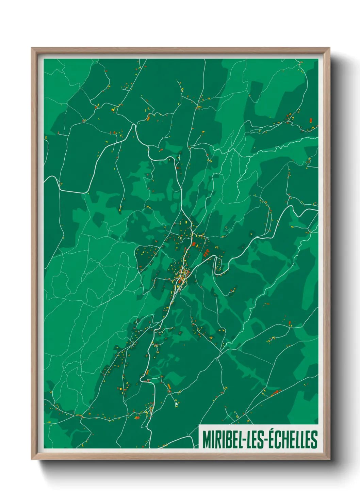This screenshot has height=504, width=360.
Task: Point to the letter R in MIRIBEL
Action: click(217, 440)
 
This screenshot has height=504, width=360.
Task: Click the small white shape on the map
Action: click(176, 404)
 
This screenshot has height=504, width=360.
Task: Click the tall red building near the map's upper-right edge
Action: click(311, 121)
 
